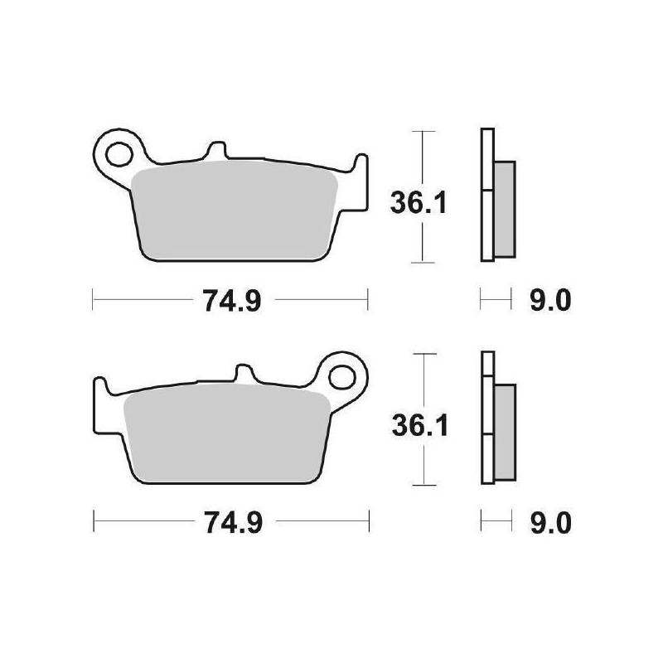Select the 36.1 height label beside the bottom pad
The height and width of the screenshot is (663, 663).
419,424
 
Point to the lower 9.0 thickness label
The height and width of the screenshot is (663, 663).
549,523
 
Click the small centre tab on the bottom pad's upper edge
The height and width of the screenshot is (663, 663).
244,375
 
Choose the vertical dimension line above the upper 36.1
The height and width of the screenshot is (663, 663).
423,157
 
